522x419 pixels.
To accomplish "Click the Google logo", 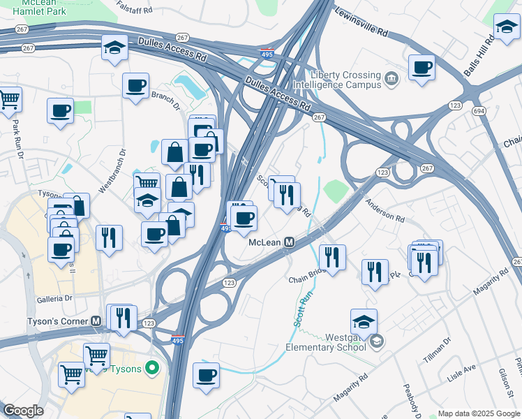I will (x=23, y=411).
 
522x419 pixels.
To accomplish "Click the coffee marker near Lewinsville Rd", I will (x=422, y=68).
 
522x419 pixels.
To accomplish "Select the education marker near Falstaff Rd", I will (x=114, y=47).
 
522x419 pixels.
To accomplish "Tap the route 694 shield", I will (x=478, y=111).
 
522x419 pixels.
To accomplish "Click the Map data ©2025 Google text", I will (x=479, y=413).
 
